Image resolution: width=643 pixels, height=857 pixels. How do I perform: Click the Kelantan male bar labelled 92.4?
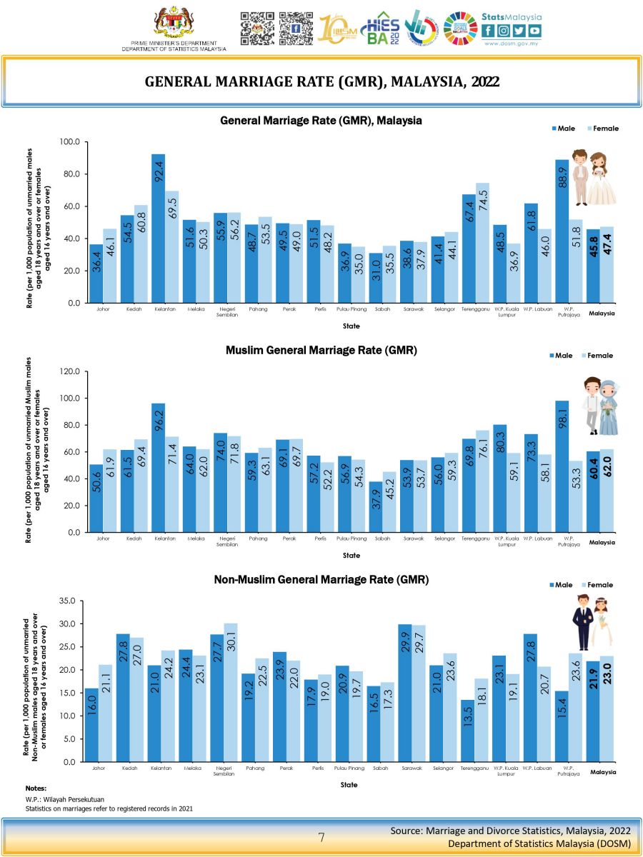click(158, 229)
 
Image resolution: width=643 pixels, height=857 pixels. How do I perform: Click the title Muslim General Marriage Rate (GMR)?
click(321, 351)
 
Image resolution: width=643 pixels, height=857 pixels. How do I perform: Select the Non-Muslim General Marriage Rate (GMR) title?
click(321, 580)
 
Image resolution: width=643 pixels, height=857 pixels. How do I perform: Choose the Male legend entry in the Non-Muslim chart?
click(561, 585)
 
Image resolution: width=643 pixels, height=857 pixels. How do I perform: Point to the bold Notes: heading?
click(36, 788)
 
